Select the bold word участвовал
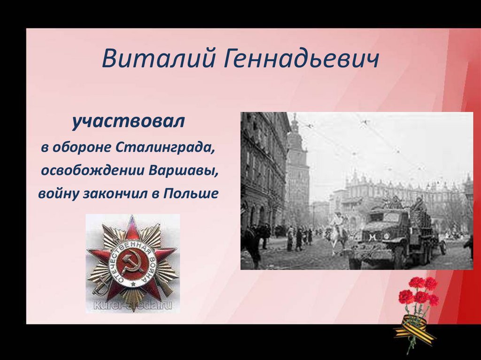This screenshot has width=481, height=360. coord(128,123)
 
